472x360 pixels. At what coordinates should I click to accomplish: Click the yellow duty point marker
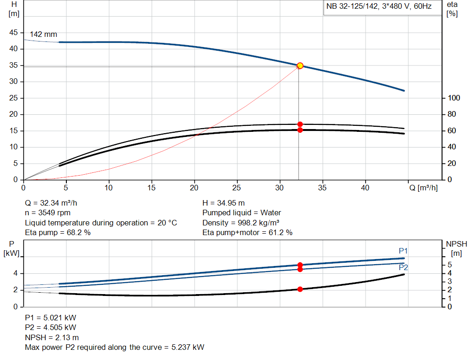(x=300, y=66)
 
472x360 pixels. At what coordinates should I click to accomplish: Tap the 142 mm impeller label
(x=43, y=34)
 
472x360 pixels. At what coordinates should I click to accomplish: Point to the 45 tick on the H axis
(x=14, y=33)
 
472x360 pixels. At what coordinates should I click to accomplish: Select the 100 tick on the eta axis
(x=454, y=98)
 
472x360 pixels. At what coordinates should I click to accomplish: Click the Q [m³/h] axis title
(x=423, y=188)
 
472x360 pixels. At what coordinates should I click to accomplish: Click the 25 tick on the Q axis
(x=237, y=188)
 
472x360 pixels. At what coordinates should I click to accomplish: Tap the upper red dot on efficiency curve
(x=300, y=124)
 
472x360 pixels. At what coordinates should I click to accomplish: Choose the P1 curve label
(x=403, y=251)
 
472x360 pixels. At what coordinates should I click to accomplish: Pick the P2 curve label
(x=403, y=267)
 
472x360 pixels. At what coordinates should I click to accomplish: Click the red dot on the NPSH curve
(x=300, y=289)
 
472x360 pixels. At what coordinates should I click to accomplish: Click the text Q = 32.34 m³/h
(x=54, y=203)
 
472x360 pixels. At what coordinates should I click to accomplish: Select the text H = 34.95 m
(x=224, y=203)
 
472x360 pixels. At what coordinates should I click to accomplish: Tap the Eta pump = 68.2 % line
(x=58, y=232)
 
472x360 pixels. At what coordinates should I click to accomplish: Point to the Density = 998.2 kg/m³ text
(x=241, y=223)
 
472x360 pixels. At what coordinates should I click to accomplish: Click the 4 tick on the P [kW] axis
(x=15, y=273)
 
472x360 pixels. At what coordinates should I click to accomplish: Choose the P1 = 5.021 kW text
(x=50, y=318)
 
